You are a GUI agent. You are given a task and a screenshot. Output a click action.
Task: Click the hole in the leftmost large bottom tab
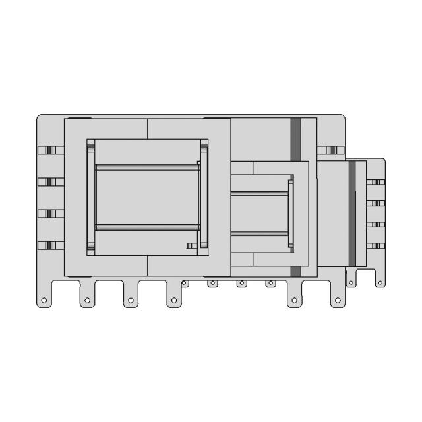click(44, 301)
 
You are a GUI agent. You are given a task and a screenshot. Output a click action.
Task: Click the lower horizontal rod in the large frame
click(148, 227)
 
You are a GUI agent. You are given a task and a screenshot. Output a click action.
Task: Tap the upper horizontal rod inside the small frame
click(258, 193)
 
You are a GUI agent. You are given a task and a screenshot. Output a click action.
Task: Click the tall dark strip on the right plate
click(352, 214)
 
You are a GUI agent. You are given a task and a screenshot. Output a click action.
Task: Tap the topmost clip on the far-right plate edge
click(376, 181)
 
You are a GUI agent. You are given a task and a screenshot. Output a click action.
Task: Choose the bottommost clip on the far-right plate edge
click(376, 246)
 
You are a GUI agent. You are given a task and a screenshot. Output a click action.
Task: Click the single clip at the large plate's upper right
click(330, 150)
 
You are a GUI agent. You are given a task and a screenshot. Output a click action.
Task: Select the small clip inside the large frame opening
click(192, 246)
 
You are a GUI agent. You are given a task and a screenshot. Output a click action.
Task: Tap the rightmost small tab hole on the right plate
click(380, 283)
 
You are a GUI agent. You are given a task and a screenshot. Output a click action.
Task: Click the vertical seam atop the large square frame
click(148, 129)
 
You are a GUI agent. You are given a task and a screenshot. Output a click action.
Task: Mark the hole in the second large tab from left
click(87, 301)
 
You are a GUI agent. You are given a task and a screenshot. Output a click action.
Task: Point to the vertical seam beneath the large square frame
click(148, 266)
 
